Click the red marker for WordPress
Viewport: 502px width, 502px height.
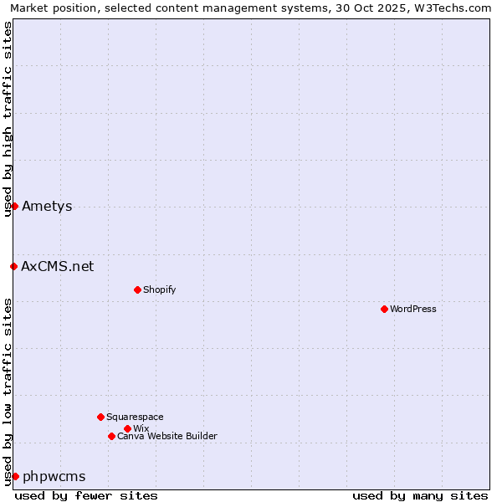(x=384, y=309)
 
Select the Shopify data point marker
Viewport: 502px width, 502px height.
(x=137, y=289)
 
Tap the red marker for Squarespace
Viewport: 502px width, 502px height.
(x=100, y=417)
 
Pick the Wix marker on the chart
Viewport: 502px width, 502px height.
(x=127, y=428)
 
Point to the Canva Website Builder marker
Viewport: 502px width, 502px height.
(x=111, y=436)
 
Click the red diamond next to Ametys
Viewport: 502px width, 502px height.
(x=14, y=206)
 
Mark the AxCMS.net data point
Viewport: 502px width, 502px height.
(x=13, y=266)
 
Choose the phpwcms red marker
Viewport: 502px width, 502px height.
(x=15, y=476)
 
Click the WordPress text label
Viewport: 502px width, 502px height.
(x=413, y=309)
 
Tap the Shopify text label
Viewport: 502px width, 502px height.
(x=159, y=289)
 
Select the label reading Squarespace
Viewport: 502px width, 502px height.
(x=135, y=417)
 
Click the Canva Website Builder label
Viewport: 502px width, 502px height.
(x=167, y=436)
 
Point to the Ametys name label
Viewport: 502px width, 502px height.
(x=47, y=206)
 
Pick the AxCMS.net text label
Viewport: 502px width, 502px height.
(x=58, y=266)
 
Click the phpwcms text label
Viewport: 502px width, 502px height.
(x=54, y=476)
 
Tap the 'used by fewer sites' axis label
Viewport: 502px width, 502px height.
(x=86, y=495)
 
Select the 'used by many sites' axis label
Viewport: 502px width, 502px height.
(x=420, y=495)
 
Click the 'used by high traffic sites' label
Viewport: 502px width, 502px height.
(x=8, y=119)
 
